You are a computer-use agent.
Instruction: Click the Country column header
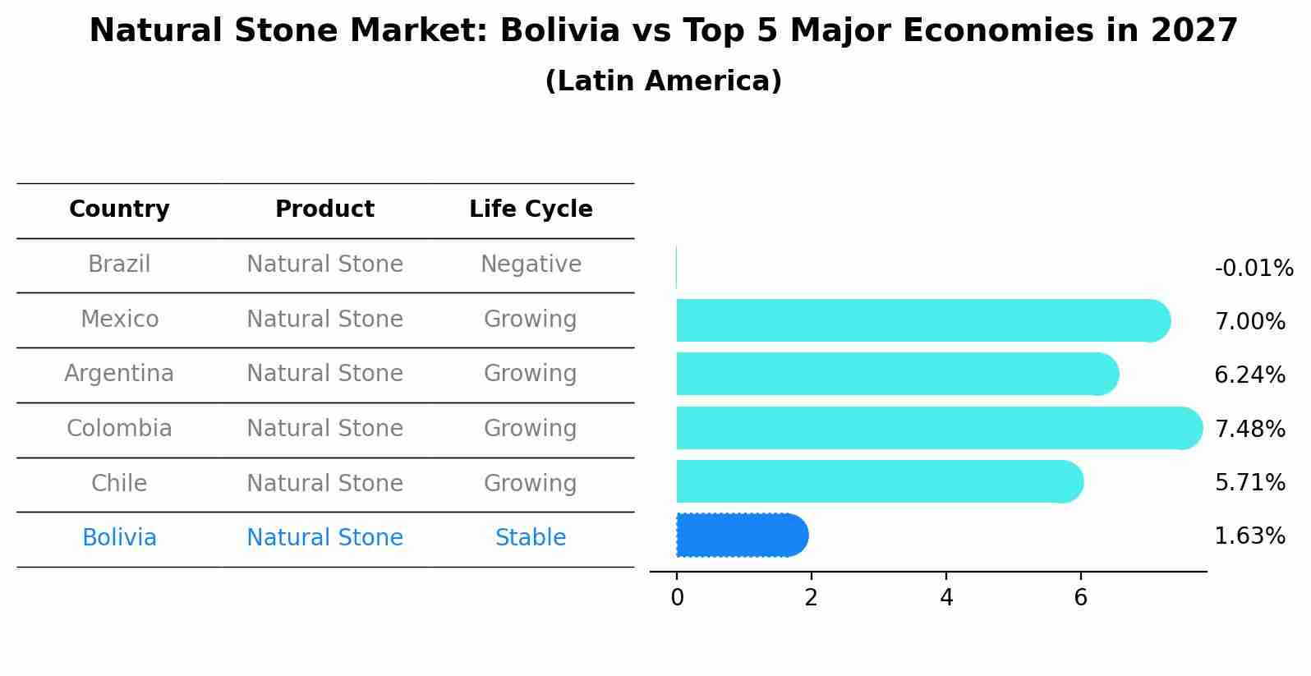pos(119,209)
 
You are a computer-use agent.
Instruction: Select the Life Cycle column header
pos(531,209)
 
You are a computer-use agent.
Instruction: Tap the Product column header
pos(324,209)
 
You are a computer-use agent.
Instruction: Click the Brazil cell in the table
pos(119,264)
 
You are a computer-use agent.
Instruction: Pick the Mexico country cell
pos(119,319)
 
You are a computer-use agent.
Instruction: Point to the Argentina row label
pos(119,374)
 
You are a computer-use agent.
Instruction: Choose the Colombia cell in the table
pos(119,429)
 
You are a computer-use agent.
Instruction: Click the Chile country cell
pos(119,483)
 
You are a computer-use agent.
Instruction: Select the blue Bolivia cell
pos(119,538)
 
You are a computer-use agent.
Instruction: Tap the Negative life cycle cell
pos(531,264)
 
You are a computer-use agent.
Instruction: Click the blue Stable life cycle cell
pos(531,538)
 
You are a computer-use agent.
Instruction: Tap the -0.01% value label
pos(1253,269)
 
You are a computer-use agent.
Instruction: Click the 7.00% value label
pos(1249,322)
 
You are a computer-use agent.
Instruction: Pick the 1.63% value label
pos(1249,536)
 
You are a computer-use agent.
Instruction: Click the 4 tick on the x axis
pos(946,598)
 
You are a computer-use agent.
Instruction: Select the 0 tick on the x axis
pos(677,598)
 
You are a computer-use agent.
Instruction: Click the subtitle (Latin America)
pos(663,81)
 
